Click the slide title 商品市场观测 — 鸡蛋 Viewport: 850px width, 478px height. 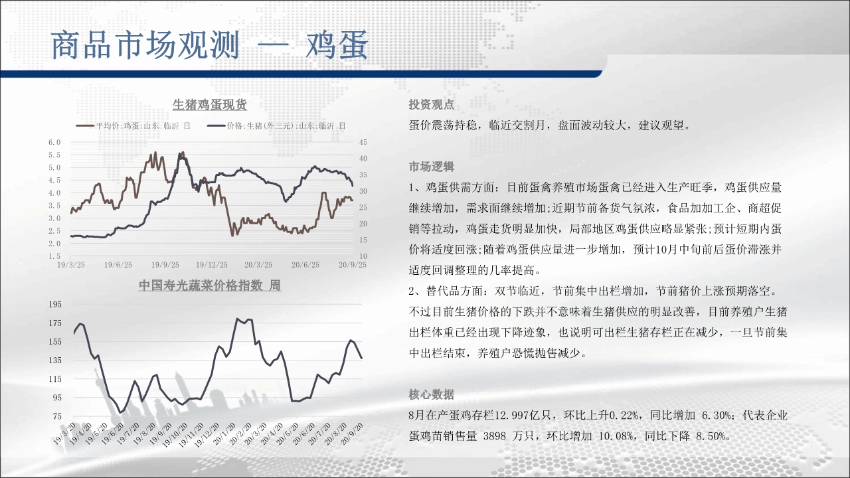209,46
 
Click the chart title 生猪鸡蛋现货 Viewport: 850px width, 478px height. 209,105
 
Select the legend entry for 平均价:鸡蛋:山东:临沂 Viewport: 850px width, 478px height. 133,126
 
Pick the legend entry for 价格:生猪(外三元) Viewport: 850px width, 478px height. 277,126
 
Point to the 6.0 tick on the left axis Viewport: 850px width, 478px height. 54,142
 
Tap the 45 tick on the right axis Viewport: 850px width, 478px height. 363,142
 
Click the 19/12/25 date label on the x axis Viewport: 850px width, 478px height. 212,265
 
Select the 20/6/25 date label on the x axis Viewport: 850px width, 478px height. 305,265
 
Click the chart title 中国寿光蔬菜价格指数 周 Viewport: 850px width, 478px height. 209,285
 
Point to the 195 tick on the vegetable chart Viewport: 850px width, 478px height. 55,304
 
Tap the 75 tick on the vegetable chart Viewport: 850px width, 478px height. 57,416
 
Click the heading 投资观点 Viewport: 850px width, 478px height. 431,105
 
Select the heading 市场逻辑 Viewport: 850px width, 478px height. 431,167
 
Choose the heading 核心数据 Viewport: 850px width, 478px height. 431,394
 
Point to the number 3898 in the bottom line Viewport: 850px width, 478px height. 495,436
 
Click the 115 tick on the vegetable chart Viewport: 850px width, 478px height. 55,379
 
